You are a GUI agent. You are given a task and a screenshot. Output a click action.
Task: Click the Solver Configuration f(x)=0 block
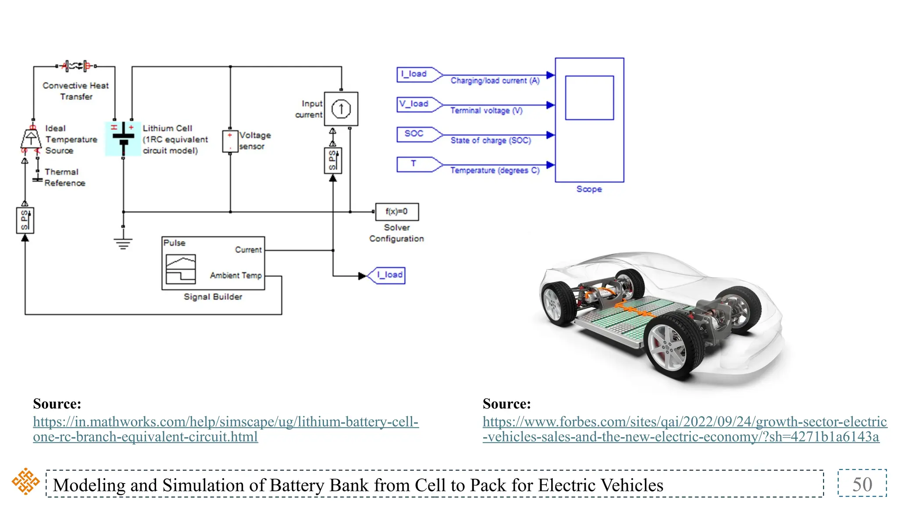[x=397, y=212]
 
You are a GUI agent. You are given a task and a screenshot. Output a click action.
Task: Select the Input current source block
[x=341, y=109]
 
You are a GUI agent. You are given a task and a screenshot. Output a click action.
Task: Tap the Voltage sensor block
[x=230, y=141]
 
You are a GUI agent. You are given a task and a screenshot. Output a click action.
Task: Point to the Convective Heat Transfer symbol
[x=76, y=66]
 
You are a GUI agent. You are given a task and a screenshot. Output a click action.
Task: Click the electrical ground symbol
[x=123, y=243]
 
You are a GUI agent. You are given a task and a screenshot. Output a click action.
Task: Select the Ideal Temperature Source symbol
[x=31, y=139]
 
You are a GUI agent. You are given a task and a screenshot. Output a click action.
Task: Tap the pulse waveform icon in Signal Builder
[x=181, y=269]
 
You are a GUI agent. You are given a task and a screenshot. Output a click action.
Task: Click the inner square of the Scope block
[x=589, y=98]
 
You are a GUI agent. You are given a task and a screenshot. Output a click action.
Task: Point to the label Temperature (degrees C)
[x=495, y=171]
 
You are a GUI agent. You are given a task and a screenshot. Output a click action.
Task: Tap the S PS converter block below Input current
[x=333, y=160]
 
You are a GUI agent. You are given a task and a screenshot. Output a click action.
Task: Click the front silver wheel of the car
[x=671, y=347]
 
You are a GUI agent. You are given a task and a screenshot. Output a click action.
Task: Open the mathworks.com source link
[x=225, y=429]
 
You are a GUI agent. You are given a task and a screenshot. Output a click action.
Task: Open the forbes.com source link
[x=684, y=429]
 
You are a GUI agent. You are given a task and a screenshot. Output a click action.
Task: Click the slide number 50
[x=862, y=484]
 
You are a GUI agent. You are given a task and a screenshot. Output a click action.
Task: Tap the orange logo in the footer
[x=25, y=481]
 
